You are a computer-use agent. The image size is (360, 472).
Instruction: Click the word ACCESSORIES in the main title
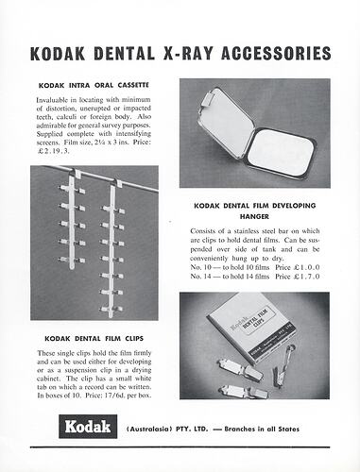click(276, 53)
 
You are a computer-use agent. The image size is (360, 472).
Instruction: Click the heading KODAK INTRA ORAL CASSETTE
click(94, 85)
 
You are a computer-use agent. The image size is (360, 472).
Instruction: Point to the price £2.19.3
click(53, 151)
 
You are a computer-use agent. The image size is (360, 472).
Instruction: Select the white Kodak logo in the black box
click(88, 427)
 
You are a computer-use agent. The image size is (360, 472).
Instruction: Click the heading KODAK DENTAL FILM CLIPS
click(94, 339)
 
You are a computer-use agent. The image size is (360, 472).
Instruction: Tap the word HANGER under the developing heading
click(254, 216)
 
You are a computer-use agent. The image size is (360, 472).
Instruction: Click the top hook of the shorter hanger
click(75, 173)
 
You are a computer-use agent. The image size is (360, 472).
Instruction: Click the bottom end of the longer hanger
click(111, 315)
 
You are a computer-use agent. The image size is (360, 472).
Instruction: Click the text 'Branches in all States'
click(262, 429)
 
